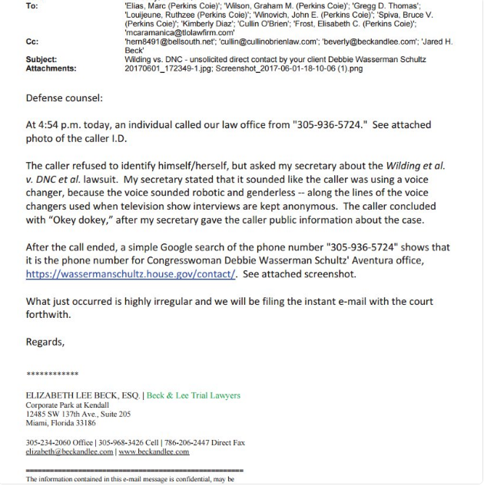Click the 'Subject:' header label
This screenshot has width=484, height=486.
(41, 58)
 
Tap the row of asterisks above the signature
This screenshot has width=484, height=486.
(52, 374)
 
